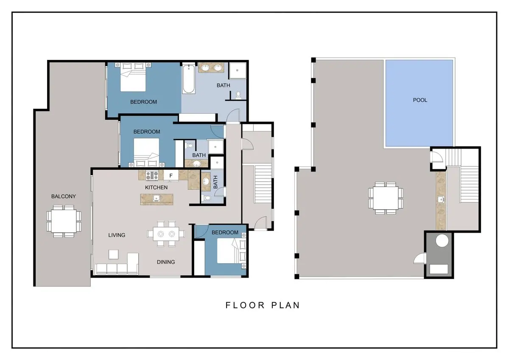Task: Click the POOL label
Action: [x=420, y=100]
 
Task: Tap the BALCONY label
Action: [x=64, y=196]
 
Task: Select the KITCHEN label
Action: [x=157, y=187]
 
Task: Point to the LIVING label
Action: [x=117, y=235]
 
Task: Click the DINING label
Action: [x=166, y=262]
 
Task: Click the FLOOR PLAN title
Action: [x=263, y=305]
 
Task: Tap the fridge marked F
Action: [x=171, y=175]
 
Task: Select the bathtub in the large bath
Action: [x=189, y=79]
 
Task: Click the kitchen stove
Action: [x=152, y=174]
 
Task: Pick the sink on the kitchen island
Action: [x=157, y=198]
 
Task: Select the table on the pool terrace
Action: [x=386, y=197]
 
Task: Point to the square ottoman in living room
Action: [x=113, y=254]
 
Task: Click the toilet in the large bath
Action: [x=238, y=94]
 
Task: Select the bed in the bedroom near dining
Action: [x=229, y=251]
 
